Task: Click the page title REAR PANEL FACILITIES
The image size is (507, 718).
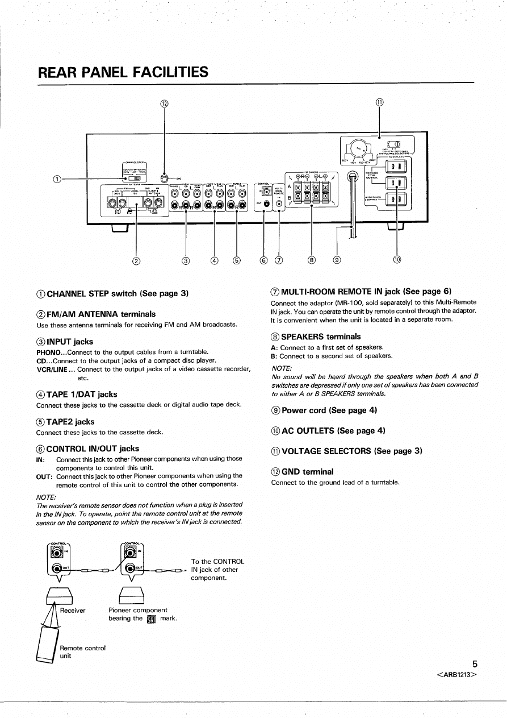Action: (123, 73)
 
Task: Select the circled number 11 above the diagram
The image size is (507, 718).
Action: (379, 103)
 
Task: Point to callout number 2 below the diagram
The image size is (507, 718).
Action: (136, 262)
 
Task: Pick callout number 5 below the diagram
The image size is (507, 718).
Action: (236, 262)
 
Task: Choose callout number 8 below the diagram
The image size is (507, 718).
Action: (312, 262)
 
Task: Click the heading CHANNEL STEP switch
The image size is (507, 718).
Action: (112, 293)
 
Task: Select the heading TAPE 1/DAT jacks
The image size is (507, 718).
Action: (81, 394)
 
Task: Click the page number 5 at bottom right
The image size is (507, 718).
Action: (474, 663)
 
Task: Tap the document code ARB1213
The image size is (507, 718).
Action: (456, 674)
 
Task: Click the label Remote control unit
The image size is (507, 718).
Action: (82, 651)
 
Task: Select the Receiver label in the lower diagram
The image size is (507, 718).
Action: (73, 610)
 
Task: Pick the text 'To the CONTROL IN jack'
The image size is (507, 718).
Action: (218, 566)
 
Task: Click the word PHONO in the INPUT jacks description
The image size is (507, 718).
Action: (47, 352)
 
